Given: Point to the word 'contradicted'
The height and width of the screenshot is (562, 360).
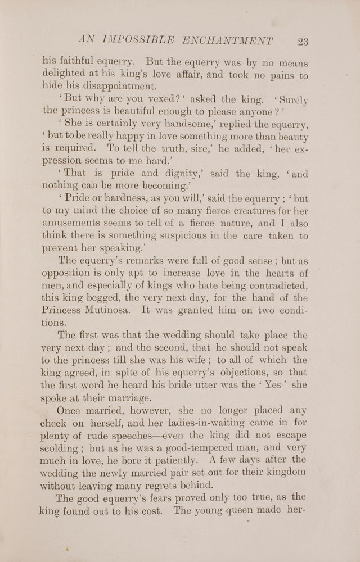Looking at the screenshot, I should (x=271, y=284).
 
